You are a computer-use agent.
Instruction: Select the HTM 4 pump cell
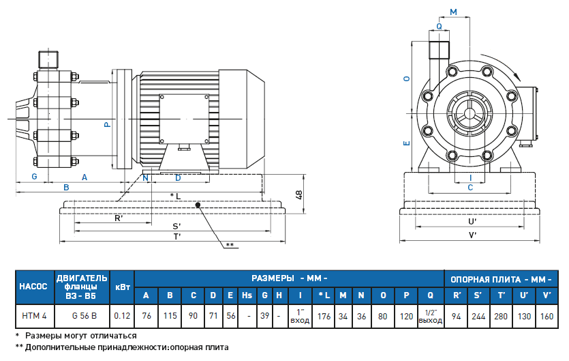pyautogui.click(x=33, y=315)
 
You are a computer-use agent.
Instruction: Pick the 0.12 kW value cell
pyautogui.click(x=123, y=315)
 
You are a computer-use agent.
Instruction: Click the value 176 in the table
pyautogui.click(x=324, y=315)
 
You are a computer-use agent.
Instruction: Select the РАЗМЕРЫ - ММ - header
pyautogui.click(x=290, y=278)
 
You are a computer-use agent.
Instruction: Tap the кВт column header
pyautogui.click(x=123, y=286)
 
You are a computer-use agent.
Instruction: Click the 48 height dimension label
pyautogui.click(x=298, y=194)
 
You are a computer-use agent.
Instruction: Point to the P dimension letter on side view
pyautogui.click(x=106, y=125)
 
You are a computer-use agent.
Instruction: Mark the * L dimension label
pyautogui.click(x=174, y=196)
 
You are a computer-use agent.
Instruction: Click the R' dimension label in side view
pyautogui.click(x=119, y=218)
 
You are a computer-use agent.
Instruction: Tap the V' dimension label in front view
pyautogui.click(x=472, y=235)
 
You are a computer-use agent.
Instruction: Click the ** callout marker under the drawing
pyautogui.click(x=230, y=244)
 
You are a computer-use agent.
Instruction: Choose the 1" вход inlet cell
pyautogui.click(x=300, y=315)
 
